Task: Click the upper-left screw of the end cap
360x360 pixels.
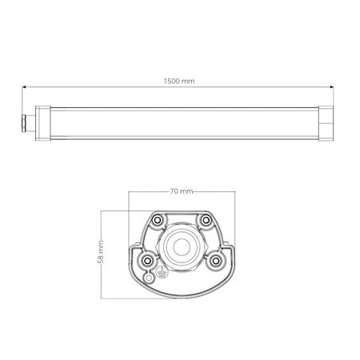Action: [158, 219]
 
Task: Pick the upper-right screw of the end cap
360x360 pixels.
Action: [206, 219]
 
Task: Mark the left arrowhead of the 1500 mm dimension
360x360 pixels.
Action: [24, 87]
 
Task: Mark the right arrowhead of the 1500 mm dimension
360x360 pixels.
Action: [335, 87]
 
